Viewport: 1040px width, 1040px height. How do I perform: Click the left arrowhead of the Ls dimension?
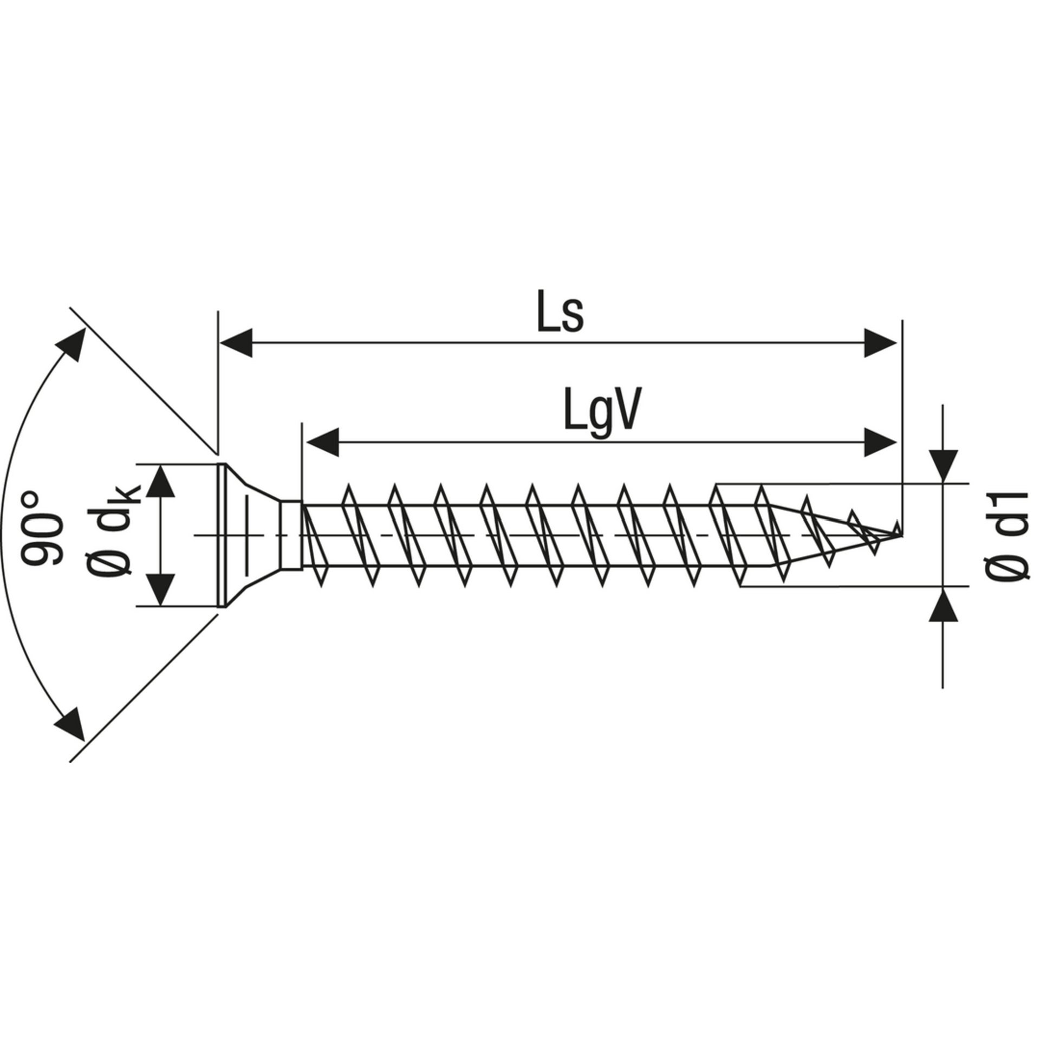coord(236,342)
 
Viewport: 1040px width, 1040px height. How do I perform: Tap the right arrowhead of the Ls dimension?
coord(880,342)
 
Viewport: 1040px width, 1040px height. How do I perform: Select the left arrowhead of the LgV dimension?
coord(322,442)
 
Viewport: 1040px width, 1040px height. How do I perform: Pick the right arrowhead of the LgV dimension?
coord(880,442)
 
